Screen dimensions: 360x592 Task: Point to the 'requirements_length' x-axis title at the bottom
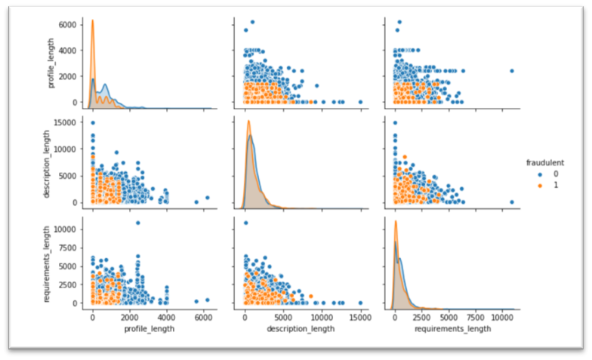[x=454, y=327]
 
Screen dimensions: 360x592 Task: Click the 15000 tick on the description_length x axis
[x=360, y=318]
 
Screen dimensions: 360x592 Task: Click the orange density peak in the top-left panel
[x=92, y=21]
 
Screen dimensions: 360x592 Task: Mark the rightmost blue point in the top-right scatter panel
[x=512, y=71]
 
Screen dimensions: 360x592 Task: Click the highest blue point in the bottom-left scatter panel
[x=137, y=223]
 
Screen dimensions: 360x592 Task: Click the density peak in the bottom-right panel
[x=396, y=222]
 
